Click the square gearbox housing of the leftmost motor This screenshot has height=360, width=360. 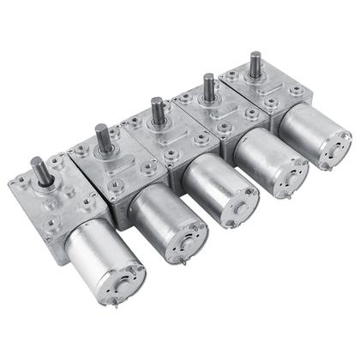coord(51,201)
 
